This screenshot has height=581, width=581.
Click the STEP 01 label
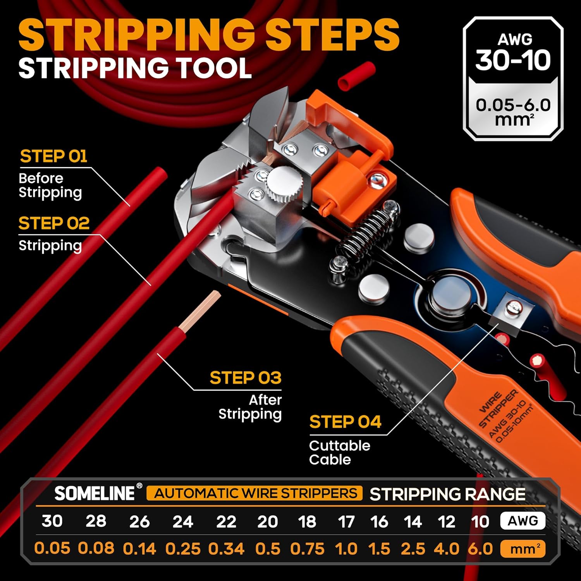click(53, 156)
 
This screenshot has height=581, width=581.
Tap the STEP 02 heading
click(54, 223)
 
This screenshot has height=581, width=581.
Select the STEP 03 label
click(245, 378)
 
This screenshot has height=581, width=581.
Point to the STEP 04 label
click(345, 422)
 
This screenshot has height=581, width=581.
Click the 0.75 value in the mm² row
click(307, 549)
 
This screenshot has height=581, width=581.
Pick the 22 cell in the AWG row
click(226, 522)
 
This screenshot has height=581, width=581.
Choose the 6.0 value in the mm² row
click(480, 549)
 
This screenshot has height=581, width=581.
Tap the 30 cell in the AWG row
click(52, 521)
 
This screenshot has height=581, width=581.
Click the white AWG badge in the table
click(523, 521)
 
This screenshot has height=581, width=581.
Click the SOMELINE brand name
click(95, 493)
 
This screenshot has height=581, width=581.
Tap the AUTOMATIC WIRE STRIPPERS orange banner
click(255, 493)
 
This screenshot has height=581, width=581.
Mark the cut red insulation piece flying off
click(356, 77)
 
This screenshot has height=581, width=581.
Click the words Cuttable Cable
click(339, 452)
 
